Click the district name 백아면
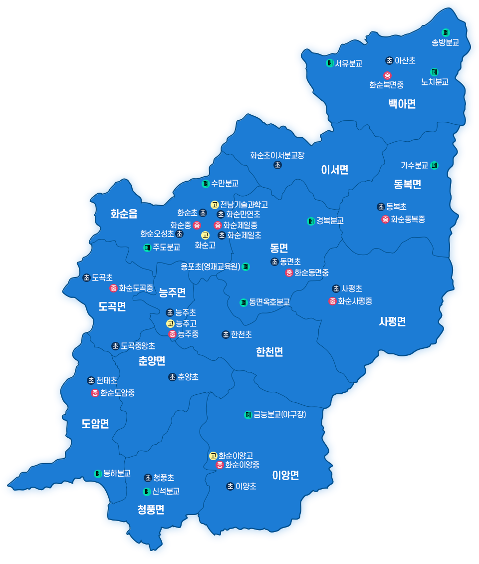tap(402, 104)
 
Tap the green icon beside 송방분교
tap(446, 32)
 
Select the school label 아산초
tap(405, 60)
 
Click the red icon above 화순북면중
tap(387, 75)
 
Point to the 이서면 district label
tap(334, 170)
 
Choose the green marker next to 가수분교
tap(434, 165)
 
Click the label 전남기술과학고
tap(244, 205)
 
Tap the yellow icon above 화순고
tap(205, 235)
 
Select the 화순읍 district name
tap(124, 214)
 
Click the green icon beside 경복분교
tap(310, 221)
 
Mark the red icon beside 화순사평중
tap(332, 301)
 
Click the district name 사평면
tap(392, 321)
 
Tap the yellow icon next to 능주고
tap(170, 323)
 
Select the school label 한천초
tap(241, 334)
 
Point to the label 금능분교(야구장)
tap(279, 415)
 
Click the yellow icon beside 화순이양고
tap(213, 456)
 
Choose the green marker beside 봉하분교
tap(98, 473)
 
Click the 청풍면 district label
tap(151, 510)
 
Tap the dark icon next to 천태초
tap(91, 380)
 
